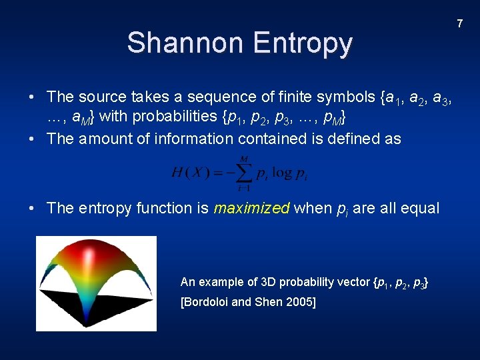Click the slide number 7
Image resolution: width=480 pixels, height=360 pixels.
pyautogui.click(x=459, y=24)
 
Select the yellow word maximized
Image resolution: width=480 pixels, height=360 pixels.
pyautogui.click(x=251, y=208)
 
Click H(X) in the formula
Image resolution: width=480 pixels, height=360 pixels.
pyautogui.click(x=191, y=173)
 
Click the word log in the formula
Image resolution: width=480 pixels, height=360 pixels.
pyautogui.click(x=281, y=173)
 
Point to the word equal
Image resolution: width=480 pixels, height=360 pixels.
pyautogui.click(x=420, y=208)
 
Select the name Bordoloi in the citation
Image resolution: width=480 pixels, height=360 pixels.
pyautogui.click(x=206, y=302)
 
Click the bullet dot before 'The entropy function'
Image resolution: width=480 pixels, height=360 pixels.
pyautogui.click(x=32, y=208)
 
